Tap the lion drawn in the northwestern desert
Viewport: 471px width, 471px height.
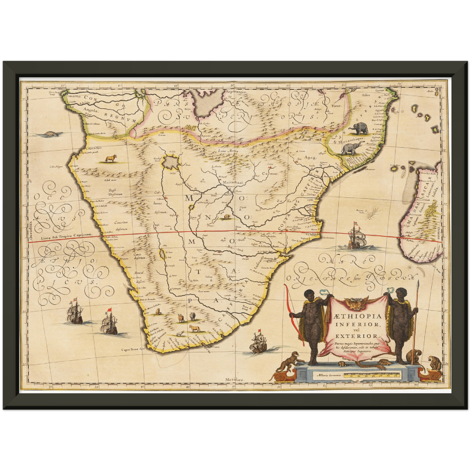click(110, 159)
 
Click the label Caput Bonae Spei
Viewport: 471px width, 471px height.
click(133, 349)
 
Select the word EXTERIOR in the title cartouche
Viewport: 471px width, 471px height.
click(357, 336)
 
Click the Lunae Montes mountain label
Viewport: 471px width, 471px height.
click(229, 151)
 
